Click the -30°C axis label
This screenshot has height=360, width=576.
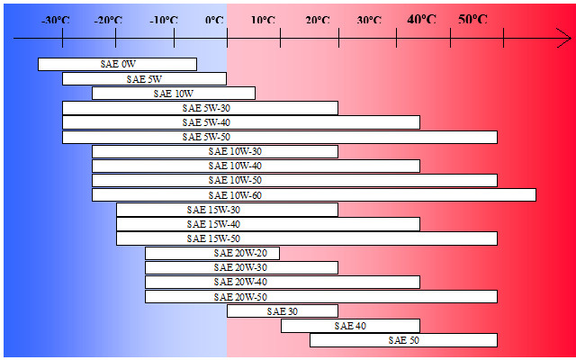coord(56,20)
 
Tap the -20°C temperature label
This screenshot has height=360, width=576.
coord(108,20)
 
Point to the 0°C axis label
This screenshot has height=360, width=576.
coord(214,20)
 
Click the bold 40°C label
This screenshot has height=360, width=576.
coord(422,19)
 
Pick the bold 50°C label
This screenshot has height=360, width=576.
coord(473,19)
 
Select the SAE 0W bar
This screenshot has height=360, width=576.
coord(117,64)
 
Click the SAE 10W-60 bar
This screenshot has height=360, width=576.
coord(313,194)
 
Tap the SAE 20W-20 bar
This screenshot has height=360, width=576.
coord(212,253)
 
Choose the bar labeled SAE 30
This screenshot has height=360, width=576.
coord(283,311)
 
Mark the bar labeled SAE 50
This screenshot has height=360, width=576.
coord(403,340)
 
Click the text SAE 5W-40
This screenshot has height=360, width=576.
coord(206,122)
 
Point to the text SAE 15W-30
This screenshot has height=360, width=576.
coord(213,210)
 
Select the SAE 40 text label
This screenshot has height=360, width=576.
coord(350,326)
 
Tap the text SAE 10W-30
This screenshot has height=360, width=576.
coord(235,151)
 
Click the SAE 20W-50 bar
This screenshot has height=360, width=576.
coord(320,296)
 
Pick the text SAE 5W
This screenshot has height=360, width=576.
coord(144,79)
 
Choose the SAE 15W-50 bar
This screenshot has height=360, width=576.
coord(306,238)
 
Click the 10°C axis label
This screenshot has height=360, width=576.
coord(264,20)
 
